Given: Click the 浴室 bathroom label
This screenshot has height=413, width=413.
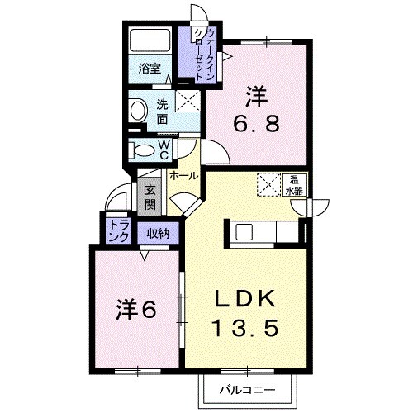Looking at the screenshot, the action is coord(150,68).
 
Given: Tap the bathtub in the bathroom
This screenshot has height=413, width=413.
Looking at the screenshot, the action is coord(150,40).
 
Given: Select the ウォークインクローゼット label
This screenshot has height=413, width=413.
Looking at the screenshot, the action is coord(204,55).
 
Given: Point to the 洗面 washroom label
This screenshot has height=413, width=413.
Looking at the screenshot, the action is coord(162,112).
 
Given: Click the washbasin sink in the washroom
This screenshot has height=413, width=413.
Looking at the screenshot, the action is coord(138,111).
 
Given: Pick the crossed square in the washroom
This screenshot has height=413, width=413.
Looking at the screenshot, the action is coord(188,101).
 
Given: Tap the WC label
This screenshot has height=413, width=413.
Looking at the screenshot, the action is coord(164,150).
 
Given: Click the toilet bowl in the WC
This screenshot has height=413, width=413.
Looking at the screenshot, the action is coord(143,151).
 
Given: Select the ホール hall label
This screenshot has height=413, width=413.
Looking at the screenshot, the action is coord(183,175).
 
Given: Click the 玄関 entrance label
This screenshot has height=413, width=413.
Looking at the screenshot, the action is coord(150,197).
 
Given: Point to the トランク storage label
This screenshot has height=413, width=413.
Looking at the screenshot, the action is coord(119,231).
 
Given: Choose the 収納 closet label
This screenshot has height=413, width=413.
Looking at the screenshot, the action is coord(158,234).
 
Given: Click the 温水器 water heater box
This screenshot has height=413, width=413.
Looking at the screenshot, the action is coord(294,185).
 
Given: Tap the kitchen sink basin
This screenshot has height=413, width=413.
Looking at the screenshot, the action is coord(244,232).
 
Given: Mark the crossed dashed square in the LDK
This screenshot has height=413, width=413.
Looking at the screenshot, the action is coord(268,184).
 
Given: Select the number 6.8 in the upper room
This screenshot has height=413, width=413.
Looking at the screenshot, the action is coord(257,123).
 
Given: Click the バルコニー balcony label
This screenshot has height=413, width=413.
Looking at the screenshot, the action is coord(247,390).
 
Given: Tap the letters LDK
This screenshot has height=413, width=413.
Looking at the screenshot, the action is coord(244,298).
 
